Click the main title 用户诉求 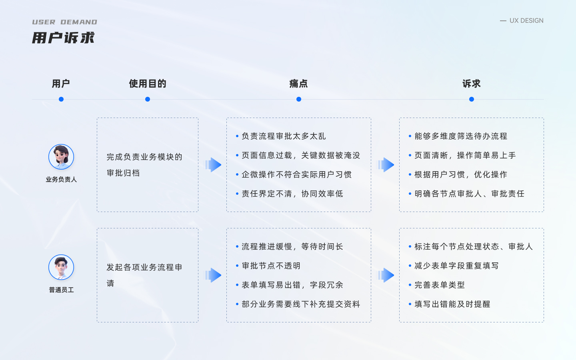(63, 38)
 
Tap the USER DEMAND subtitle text (64, 22)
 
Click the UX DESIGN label (526, 20)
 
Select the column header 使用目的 (147, 84)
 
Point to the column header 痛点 (298, 84)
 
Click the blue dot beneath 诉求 (472, 99)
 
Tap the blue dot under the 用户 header (61, 99)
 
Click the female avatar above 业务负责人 (61, 157)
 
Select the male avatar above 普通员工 (61, 267)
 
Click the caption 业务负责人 (61, 180)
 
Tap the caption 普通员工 (61, 290)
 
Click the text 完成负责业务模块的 (144, 157)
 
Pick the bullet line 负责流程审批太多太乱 (284, 136)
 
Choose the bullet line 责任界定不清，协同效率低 (292, 194)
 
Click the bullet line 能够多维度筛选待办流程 (461, 136)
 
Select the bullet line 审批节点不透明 (271, 266)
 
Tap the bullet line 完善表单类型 (440, 285)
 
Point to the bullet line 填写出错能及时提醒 (452, 304)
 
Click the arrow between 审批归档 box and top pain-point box (213, 165)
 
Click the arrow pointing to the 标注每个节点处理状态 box (386, 275)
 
